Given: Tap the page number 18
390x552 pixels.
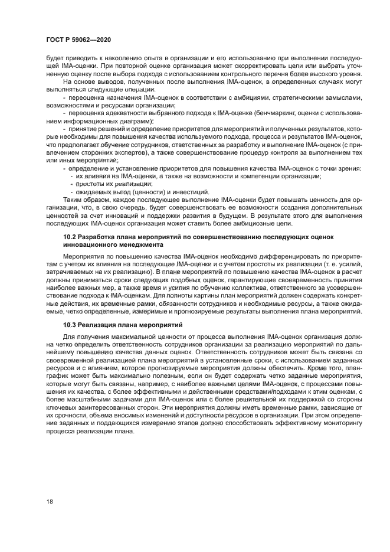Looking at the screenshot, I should (x=49, y=501).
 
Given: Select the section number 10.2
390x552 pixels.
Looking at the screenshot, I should (x=71, y=236).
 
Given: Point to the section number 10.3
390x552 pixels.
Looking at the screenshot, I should (x=71, y=325).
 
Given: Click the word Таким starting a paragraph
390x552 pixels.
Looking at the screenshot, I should (x=74, y=199).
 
